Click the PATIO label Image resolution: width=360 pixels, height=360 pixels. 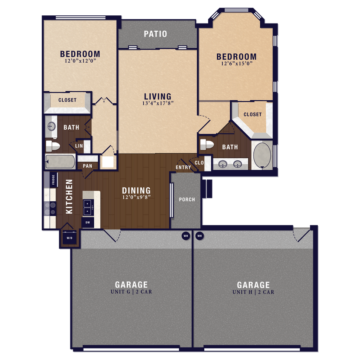pos(155,34)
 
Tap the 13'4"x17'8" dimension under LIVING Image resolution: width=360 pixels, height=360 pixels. pos(157,103)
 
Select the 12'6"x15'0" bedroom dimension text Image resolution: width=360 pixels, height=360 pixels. pos(237,64)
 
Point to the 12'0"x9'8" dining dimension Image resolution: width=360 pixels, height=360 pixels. pos(136,197)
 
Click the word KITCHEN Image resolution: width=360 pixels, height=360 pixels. pos(70,196)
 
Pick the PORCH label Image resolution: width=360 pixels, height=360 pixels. pos(187,200)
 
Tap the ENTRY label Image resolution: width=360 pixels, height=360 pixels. pos(183,167)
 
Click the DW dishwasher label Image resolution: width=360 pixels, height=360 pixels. pos(87,223)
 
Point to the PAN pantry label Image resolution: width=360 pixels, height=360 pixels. pos(87,166)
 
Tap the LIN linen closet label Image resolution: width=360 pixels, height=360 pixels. pos(79,146)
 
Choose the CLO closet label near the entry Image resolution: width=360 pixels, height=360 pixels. pos(199,163)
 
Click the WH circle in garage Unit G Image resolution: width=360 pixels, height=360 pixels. pos(186,235)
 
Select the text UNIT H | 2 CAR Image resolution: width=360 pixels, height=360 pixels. pos(253,293)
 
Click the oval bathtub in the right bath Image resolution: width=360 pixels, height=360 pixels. pos(261,155)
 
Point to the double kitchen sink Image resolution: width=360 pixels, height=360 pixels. pos(88,207)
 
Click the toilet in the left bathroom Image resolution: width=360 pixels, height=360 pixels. pos(53,146)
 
